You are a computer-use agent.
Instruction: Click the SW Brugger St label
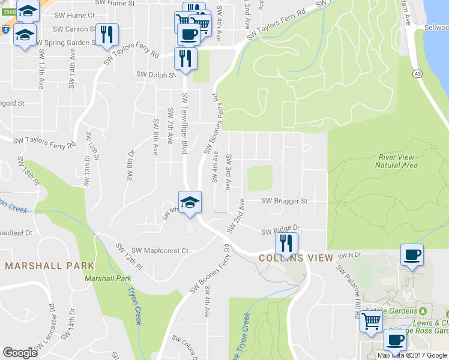click(285, 202)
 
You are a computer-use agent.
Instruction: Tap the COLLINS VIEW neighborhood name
click(296, 258)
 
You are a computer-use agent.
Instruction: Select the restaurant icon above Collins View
click(286, 242)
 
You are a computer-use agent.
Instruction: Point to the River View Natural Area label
click(397, 161)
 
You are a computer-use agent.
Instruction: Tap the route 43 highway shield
click(416, 73)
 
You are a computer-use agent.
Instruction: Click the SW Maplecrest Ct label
click(160, 250)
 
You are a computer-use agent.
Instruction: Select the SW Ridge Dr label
click(280, 230)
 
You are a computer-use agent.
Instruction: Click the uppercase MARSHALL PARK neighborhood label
click(50, 265)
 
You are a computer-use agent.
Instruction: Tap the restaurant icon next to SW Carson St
click(106, 35)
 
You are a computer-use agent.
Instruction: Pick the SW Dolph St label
click(155, 75)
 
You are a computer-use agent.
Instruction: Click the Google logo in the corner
click(20, 353)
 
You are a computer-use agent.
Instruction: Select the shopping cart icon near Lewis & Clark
click(371, 322)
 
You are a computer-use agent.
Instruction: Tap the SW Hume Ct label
click(75, 15)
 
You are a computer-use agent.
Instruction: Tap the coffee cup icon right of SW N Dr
click(412, 254)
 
